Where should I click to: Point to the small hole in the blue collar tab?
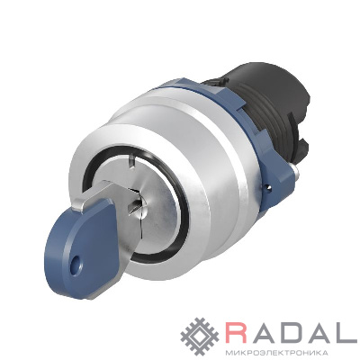click(x=268, y=188)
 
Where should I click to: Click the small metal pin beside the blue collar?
click(x=296, y=172)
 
